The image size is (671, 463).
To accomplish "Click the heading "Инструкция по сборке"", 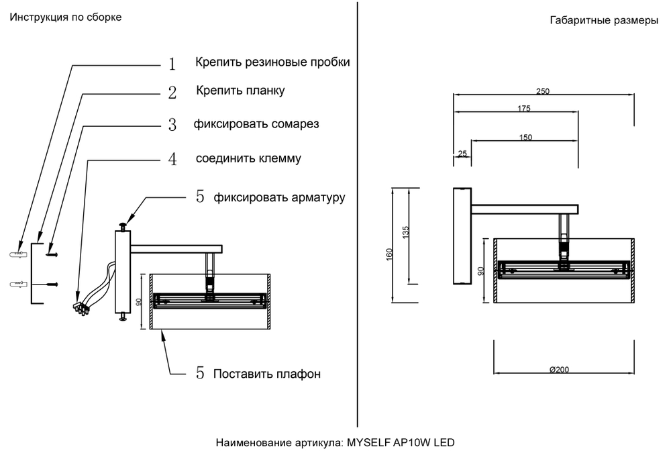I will (65, 17).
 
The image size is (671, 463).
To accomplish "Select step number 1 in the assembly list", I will (172, 64).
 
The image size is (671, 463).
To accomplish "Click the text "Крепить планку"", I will (240, 90).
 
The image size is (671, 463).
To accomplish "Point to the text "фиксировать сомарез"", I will (256, 124).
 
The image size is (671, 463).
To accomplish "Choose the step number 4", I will (172, 160).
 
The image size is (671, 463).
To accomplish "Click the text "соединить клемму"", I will (248, 159).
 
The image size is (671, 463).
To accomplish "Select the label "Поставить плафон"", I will (266, 374).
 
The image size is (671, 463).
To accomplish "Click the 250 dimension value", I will (543, 92).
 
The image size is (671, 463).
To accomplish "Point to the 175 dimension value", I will (524, 109).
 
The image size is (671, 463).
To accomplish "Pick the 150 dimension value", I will (525, 138).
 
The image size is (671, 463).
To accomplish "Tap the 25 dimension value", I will (462, 154).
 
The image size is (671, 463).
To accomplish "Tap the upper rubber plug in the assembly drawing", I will (17, 254).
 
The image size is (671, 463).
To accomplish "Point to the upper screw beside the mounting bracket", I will (52, 254).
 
